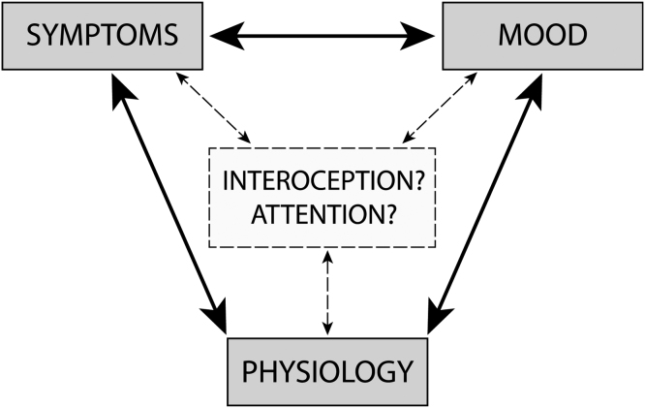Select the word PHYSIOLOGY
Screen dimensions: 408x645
pyautogui.click(x=327, y=370)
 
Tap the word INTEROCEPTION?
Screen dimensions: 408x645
pyautogui.click(x=324, y=181)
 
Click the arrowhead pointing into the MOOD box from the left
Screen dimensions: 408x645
pyautogui.click(x=422, y=36)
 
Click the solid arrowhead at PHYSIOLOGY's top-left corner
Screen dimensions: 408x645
pyautogui.click(x=215, y=317)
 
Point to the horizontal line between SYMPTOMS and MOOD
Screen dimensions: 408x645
pyautogui.click(x=323, y=36)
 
